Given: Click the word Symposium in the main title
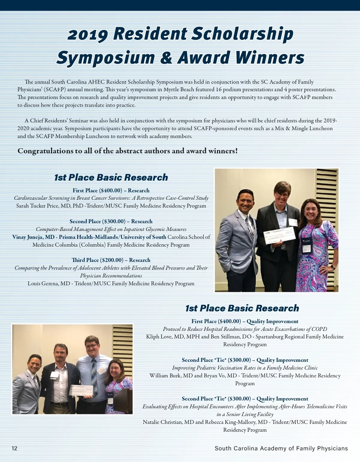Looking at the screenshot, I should [105, 57].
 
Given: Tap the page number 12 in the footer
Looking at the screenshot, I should [15, 448].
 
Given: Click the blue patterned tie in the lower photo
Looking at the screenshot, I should [94, 372].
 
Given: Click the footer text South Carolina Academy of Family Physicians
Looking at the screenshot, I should [281, 448].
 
